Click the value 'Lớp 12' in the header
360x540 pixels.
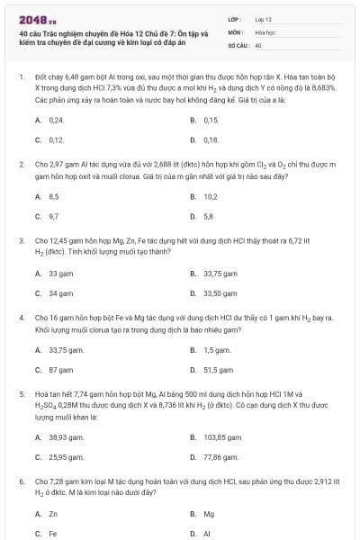click(263, 18)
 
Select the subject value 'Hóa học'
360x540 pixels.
click(264, 31)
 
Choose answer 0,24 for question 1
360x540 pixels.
click(56, 120)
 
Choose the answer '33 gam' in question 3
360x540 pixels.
click(60, 272)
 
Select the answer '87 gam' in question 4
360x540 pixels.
click(60, 369)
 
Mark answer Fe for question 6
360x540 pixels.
click(53, 533)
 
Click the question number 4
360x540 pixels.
click(21, 318)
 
